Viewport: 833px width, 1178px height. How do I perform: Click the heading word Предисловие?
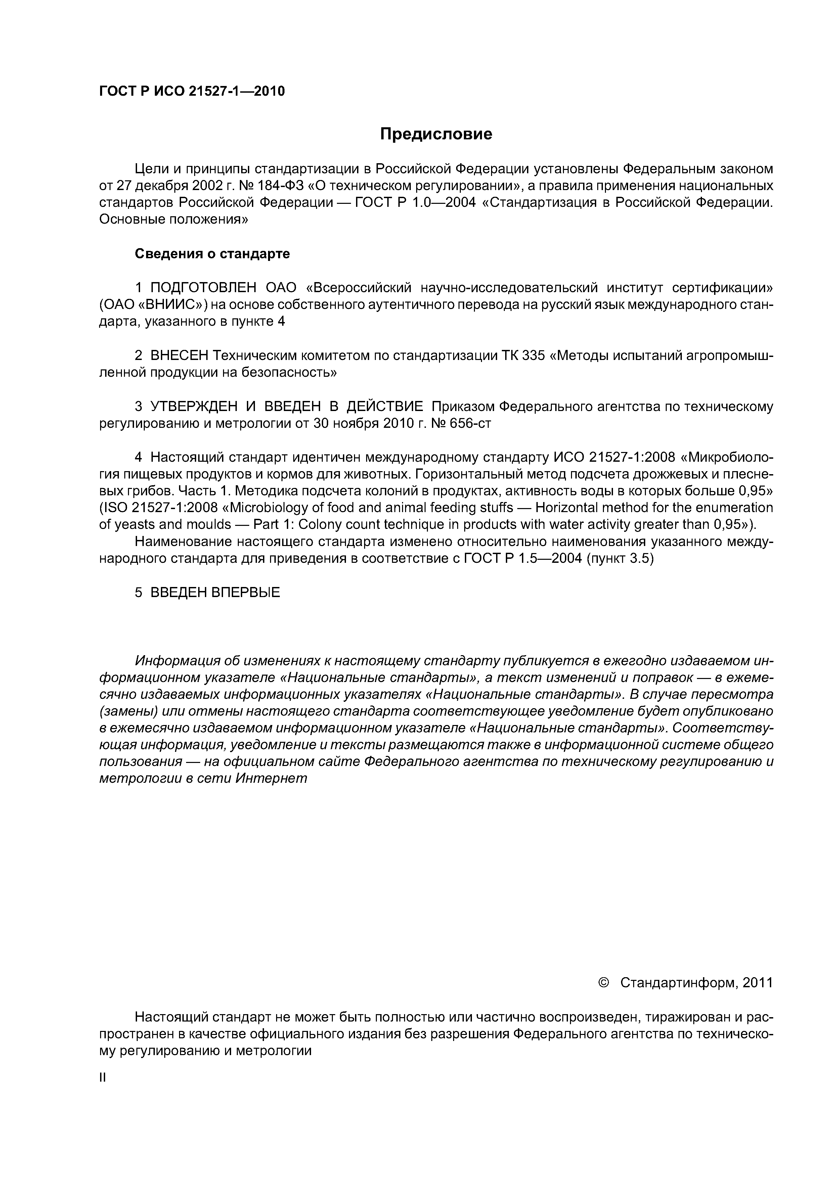436,134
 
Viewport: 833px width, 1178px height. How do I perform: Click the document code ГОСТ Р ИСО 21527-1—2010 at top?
191,91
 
